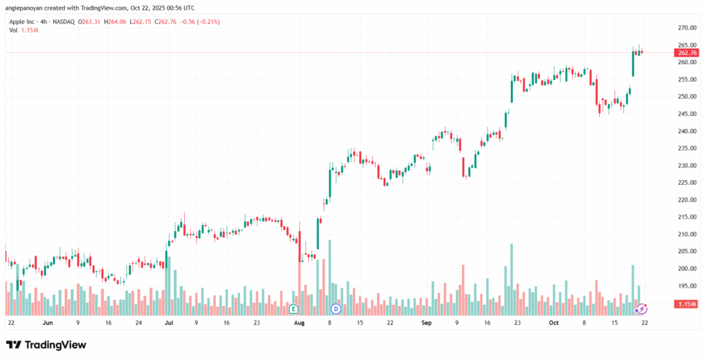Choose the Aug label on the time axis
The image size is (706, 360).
tap(299, 322)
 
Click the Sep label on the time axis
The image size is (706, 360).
tap(425, 322)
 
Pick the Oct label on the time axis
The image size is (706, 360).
tap(554, 322)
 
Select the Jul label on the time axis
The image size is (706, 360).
tap(169, 322)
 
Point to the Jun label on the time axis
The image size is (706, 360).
tap(48, 322)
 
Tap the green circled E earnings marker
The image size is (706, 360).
tap(294, 308)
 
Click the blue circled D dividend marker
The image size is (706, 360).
tap(336, 308)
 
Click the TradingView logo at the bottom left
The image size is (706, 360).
tap(47, 344)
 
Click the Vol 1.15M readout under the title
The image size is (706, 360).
tap(23, 31)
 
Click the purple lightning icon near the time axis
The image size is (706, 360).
tap(642, 308)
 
